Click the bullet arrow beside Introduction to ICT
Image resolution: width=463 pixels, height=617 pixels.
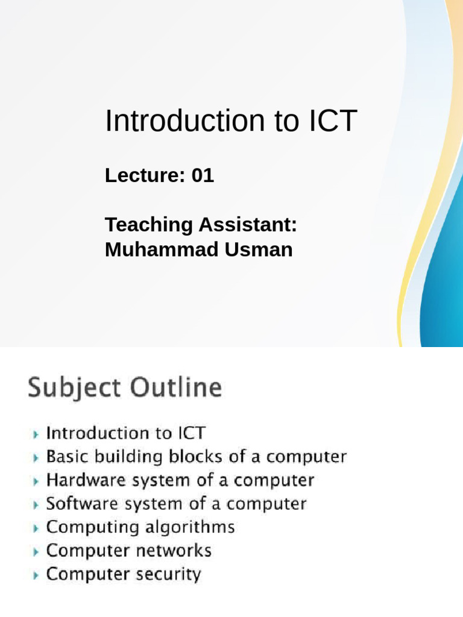coord(37,434)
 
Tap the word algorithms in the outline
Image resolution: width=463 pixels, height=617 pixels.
coord(190,528)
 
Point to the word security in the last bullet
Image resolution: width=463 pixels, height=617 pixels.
coord(172,574)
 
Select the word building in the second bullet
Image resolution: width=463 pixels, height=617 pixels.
coord(127,457)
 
